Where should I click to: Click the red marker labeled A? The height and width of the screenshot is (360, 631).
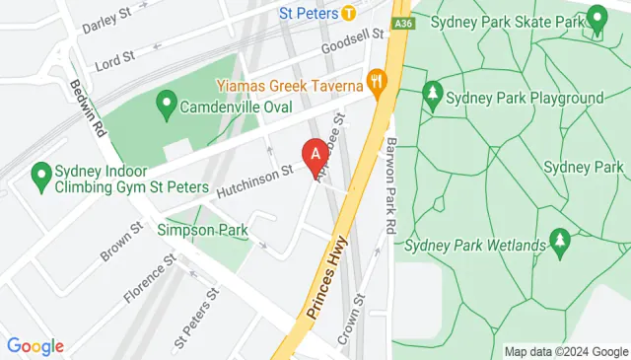[x=315, y=155]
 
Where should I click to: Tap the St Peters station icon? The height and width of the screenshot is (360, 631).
[x=349, y=13]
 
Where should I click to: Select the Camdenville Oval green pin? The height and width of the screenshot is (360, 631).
[x=167, y=102]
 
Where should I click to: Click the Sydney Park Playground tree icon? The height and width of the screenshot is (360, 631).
[x=432, y=95]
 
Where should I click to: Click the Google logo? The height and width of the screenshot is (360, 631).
[x=35, y=346]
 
